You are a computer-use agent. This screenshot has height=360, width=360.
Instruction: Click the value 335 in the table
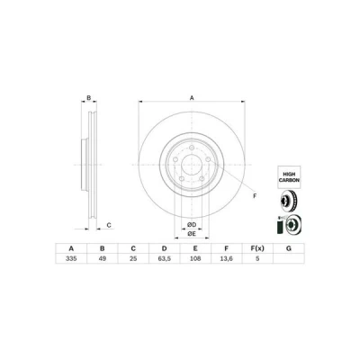coord(71,258)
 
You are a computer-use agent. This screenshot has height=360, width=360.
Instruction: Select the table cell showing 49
coord(103,258)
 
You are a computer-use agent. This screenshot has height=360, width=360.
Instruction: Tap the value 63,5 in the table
coord(165,258)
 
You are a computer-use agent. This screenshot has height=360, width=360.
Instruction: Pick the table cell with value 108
coord(195,258)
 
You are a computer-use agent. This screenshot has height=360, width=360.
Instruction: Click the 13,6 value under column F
coord(227,258)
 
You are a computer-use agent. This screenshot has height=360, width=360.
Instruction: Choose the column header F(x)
coord(257,248)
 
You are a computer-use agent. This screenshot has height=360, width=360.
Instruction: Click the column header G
coord(289,248)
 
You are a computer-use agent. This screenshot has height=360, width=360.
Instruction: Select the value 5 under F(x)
coord(257,258)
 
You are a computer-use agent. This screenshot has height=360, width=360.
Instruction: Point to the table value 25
coord(133,258)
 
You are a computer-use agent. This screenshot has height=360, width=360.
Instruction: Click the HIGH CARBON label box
coord(289,177)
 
